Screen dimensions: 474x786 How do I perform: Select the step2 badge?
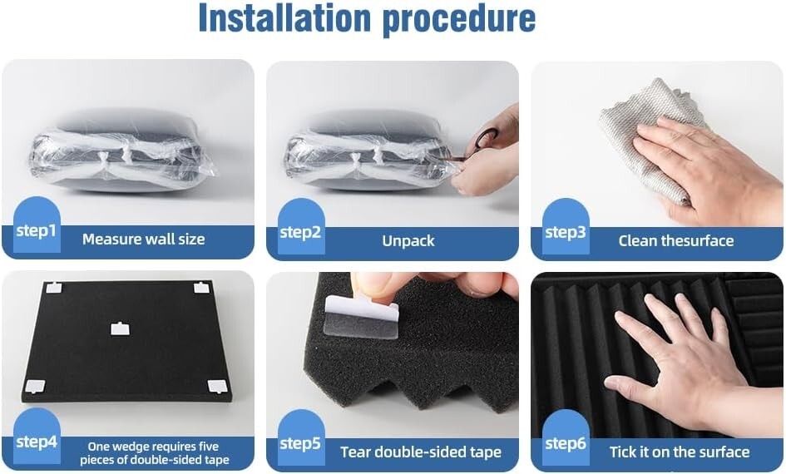click(x=300, y=232)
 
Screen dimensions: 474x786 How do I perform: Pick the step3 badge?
click(x=566, y=232)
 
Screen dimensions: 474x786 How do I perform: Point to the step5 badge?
click(x=300, y=443)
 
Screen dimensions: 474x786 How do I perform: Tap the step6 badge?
click(x=566, y=443)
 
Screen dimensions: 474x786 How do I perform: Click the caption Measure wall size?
click(x=143, y=239)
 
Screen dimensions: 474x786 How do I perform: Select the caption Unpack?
click(x=408, y=241)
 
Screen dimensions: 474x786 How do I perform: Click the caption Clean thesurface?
click(x=675, y=241)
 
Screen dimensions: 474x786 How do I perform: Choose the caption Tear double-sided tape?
click(x=420, y=452)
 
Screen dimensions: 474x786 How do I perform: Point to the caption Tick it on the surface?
click(x=680, y=452)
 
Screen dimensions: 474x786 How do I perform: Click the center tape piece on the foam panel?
click(x=121, y=328)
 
